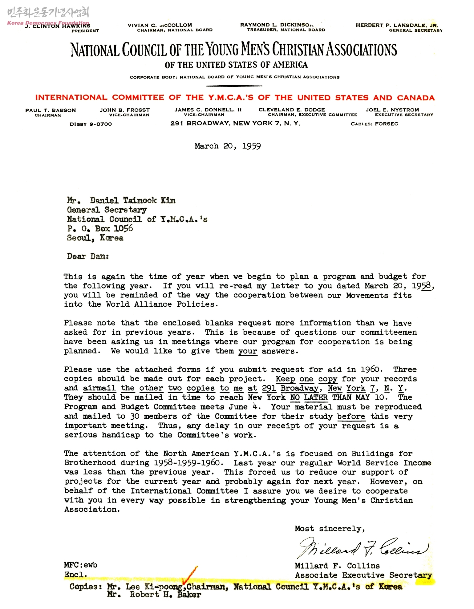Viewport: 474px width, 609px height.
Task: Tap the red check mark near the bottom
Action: pos(189,575)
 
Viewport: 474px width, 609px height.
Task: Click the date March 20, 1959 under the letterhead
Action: pos(228,146)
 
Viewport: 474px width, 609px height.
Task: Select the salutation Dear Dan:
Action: pos(88,256)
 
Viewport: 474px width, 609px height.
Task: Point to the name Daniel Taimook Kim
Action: pos(132,200)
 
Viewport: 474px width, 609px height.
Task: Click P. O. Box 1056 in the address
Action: pos(100,228)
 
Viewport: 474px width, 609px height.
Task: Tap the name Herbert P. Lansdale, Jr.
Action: pos(397,25)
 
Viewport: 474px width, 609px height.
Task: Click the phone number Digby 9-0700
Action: pos(91,124)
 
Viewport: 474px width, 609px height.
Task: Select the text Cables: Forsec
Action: pos(374,124)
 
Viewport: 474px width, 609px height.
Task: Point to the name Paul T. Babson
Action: pos(51,110)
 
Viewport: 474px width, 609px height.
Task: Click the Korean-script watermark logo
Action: pos(48,13)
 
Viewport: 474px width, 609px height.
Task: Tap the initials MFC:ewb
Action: pos(80,565)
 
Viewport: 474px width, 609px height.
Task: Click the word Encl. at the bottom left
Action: pos(76,575)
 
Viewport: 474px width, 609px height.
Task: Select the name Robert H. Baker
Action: pos(165,595)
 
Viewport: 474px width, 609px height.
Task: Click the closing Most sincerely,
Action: pos(330,529)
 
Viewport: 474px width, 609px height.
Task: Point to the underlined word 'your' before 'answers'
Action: pos(248,351)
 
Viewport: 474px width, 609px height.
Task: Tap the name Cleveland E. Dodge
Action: pos(291,110)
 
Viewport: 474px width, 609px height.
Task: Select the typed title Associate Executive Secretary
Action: pos(363,575)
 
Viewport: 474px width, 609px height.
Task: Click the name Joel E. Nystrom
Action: pos(392,110)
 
